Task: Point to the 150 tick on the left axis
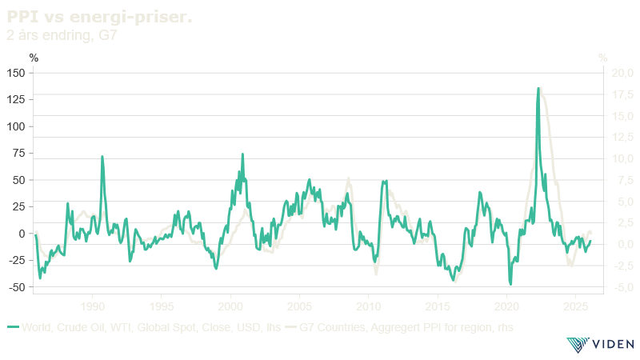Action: (x=17, y=73)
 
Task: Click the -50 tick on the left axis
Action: (x=17, y=286)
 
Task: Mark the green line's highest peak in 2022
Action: (x=539, y=87)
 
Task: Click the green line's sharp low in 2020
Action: (x=510, y=283)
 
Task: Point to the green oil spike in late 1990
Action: (x=102, y=157)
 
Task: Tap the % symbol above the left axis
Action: (x=34, y=57)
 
